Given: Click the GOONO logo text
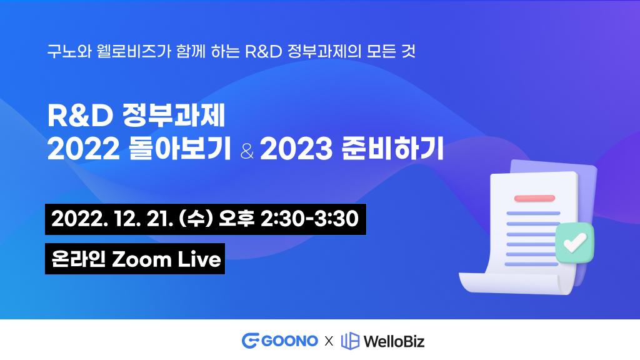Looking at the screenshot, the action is [x=289, y=341].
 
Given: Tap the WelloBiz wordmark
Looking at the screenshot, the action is [x=394, y=341].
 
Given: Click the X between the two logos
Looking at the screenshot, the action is [x=329, y=341].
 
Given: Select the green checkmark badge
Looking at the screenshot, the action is [x=575, y=242].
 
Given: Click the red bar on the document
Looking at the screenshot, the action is [x=535, y=198].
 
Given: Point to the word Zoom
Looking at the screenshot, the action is [x=142, y=259].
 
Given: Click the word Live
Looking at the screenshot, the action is [x=199, y=259].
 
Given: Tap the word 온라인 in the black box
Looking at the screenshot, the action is [x=78, y=259].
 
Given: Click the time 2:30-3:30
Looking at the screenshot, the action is [x=310, y=219].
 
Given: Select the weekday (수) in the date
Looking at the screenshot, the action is [x=196, y=219].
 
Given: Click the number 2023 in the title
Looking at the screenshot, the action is [x=296, y=149].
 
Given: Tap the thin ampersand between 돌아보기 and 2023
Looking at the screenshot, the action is [x=247, y=151].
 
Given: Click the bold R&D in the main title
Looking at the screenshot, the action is [x=80, y=116].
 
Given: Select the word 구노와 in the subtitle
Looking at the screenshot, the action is [x=69, y=51].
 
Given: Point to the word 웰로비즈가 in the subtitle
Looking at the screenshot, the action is [x=134, y=51].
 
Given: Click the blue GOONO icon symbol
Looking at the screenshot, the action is [x=251, y=341].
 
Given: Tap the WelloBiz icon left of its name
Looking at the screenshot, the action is [x=350, y=341].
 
